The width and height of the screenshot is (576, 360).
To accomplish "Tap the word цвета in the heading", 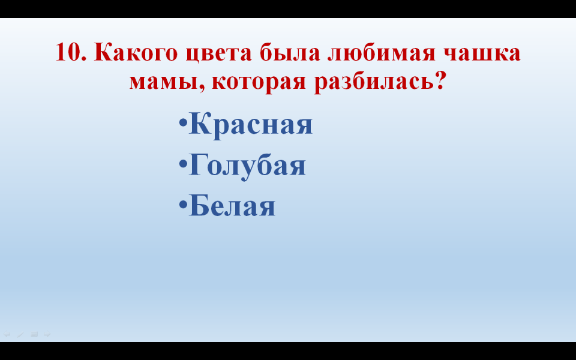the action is pyautogui.click(x=219, y=53).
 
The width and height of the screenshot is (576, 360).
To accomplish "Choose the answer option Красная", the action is pyautogui.click(x=251, y=125).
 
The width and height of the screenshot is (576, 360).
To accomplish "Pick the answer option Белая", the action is pyautogui.click(x=232, y=206).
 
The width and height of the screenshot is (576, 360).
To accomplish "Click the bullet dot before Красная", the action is pyautogui.click(x=183, y=122).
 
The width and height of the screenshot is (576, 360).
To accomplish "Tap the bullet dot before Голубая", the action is pyautogui.click(x=183, y=163).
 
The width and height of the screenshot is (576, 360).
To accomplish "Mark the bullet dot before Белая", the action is pyautogui.click(x=183, y=203).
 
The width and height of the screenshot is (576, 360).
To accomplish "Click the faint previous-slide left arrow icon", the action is pyautogui.click(x=7, y=334).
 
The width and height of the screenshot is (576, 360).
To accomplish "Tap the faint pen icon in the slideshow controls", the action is pyautogui.click(x=20, y=334).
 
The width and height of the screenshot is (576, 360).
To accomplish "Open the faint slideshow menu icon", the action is pyautogui.click(x=34, y=334).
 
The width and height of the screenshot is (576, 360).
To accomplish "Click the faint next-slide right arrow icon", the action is pyautogui.click(x=47, y=334).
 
